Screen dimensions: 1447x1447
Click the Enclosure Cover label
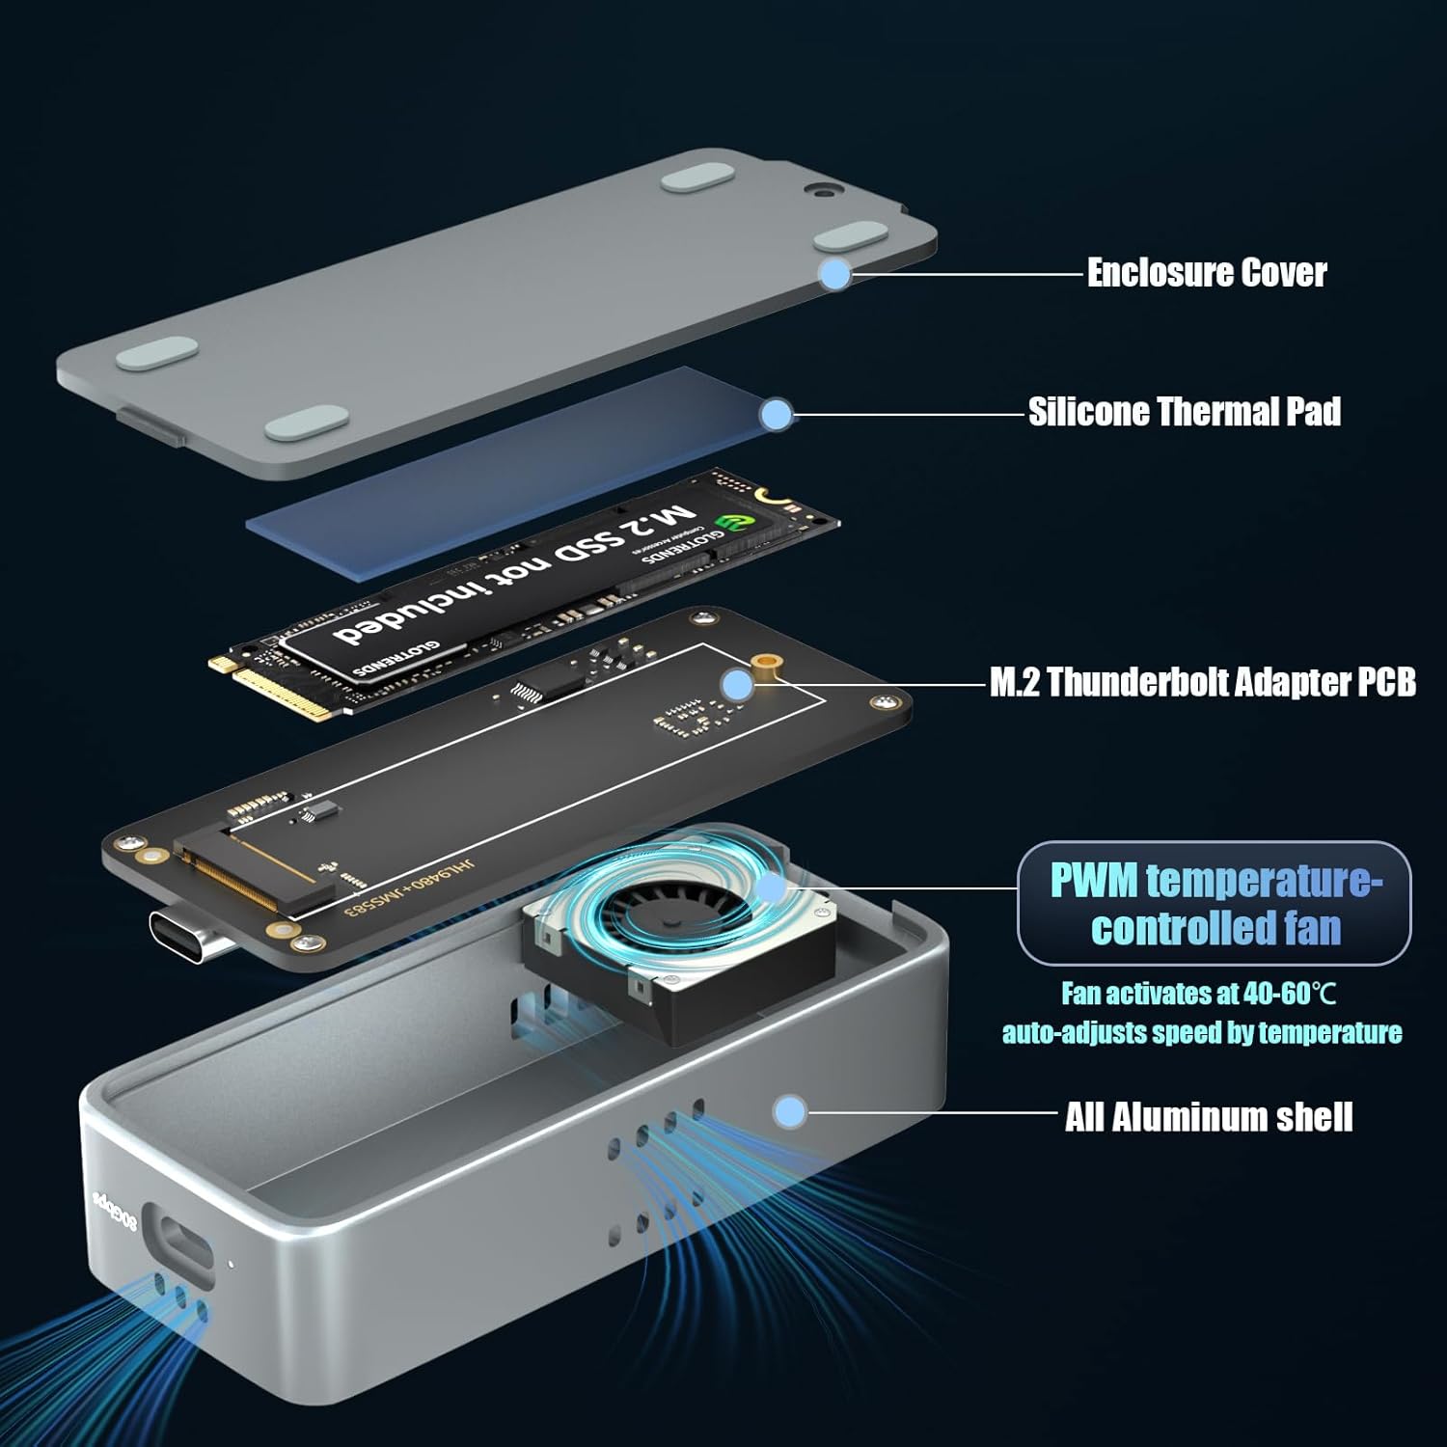click(1206, 273)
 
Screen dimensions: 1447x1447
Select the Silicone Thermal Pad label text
click(1184, 412)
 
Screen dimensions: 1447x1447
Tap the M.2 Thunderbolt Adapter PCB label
click(1202, 682)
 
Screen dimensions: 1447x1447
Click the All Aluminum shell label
click(1208, 1117)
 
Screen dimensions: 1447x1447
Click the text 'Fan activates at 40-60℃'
click(1198, 993)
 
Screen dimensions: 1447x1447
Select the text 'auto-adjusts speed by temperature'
click(1201, 1033)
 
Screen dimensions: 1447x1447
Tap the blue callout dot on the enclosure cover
click(835, 274)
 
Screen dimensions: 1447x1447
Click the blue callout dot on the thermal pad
click(775, 415)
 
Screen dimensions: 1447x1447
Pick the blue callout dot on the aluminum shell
click(790, 1111)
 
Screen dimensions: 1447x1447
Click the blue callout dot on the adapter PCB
click(737, 685)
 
